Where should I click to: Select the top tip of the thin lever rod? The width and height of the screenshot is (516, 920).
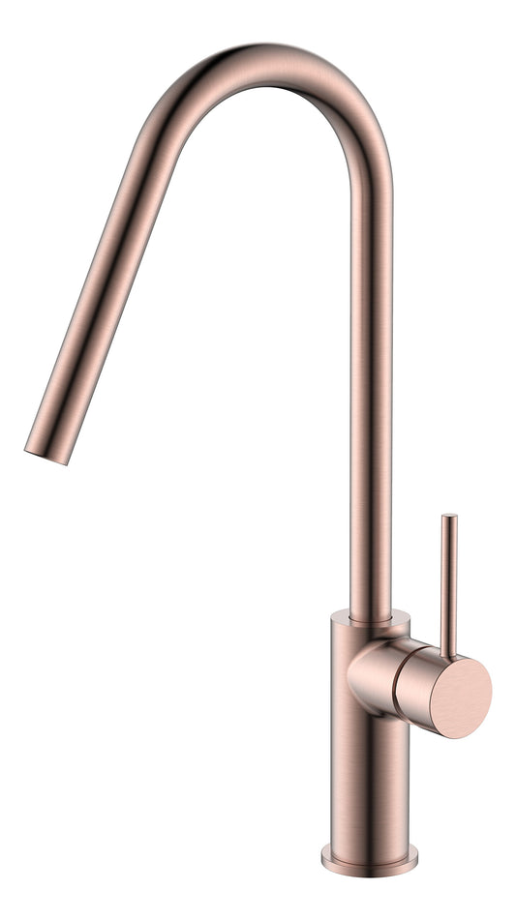click(449, 519)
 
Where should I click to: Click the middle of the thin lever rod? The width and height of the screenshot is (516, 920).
click(449, 580)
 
